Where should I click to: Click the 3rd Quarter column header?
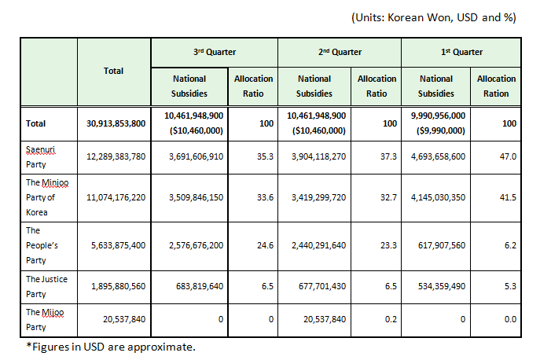pyautogui.click(x=215, y=52)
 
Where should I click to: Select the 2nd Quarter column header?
pyautogui.click(x=340, y=52)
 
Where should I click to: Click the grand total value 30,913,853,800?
pyautogui.click(x=116, y=123)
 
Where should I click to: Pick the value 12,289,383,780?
pyautogui.click(x=116, y=157)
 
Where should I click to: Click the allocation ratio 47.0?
pyautogui.click(x=507, y=157)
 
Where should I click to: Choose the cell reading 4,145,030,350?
pyautogui.click(x=438, y=197)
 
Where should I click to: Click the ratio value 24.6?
pyautogui.click(x=263, y=245)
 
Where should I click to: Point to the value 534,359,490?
pyautogui.click(x=438, y=286)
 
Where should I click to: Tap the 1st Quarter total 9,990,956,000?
pyautogui.click(x=436, y=116)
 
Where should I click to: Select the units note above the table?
pyautogui.click(x=432, y=17)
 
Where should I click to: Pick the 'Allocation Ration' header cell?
pyautogui.click(x=497, y=86)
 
